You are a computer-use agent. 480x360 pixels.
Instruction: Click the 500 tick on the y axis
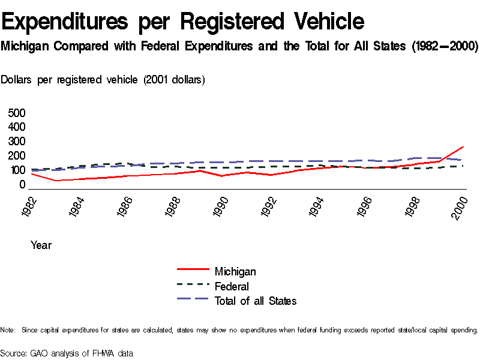point(17,113)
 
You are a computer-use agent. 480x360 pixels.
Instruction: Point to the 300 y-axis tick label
point(17,142)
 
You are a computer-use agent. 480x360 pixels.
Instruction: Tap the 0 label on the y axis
point(22,184)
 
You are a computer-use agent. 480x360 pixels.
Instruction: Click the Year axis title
point(41,245)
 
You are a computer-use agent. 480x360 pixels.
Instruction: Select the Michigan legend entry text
point(235,272)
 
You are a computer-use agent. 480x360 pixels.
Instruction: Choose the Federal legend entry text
point(232,286)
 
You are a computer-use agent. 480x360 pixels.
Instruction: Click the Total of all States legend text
point(256,301)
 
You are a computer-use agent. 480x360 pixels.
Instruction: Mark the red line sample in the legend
point(193,271)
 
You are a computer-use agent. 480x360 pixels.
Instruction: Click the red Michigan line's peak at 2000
point(463,146)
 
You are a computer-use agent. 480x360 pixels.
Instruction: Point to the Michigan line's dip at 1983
point(55,180)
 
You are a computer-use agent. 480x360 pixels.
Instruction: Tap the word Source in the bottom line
point(13,353)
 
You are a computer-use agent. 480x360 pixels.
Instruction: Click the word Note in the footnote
point(8,330)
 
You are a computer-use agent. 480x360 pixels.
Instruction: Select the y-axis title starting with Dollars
point(103,80)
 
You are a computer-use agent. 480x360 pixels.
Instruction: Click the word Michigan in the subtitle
point(25,46)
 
